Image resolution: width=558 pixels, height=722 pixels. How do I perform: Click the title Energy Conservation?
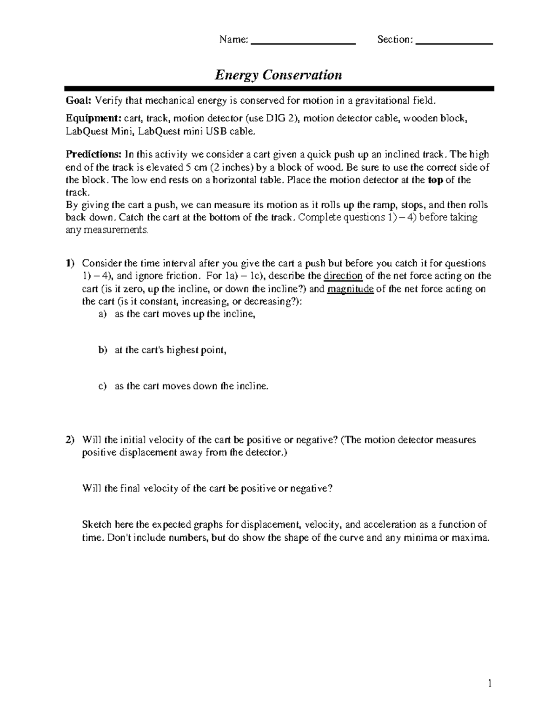[x=278, y=75]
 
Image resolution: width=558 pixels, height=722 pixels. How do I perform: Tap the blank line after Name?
[x=303, y=42]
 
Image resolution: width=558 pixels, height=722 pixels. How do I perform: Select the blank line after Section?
[x=454, y=42]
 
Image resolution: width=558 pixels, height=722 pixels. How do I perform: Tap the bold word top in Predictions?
[x=435, y=180]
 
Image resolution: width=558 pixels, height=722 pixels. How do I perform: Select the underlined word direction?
[x=343, y=276]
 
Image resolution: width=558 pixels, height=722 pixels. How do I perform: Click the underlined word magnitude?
[x=351, y=289]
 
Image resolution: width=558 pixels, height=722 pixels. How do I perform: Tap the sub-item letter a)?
[x=102, y=314]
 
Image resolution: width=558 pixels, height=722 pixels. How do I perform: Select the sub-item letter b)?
[x=102, y=350]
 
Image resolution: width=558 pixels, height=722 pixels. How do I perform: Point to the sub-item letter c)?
[x=102, y=386]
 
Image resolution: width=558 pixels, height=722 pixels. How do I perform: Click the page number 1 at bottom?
[x=490, y=683]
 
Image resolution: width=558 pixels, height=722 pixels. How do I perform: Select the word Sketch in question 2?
[x=96, y=525]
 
